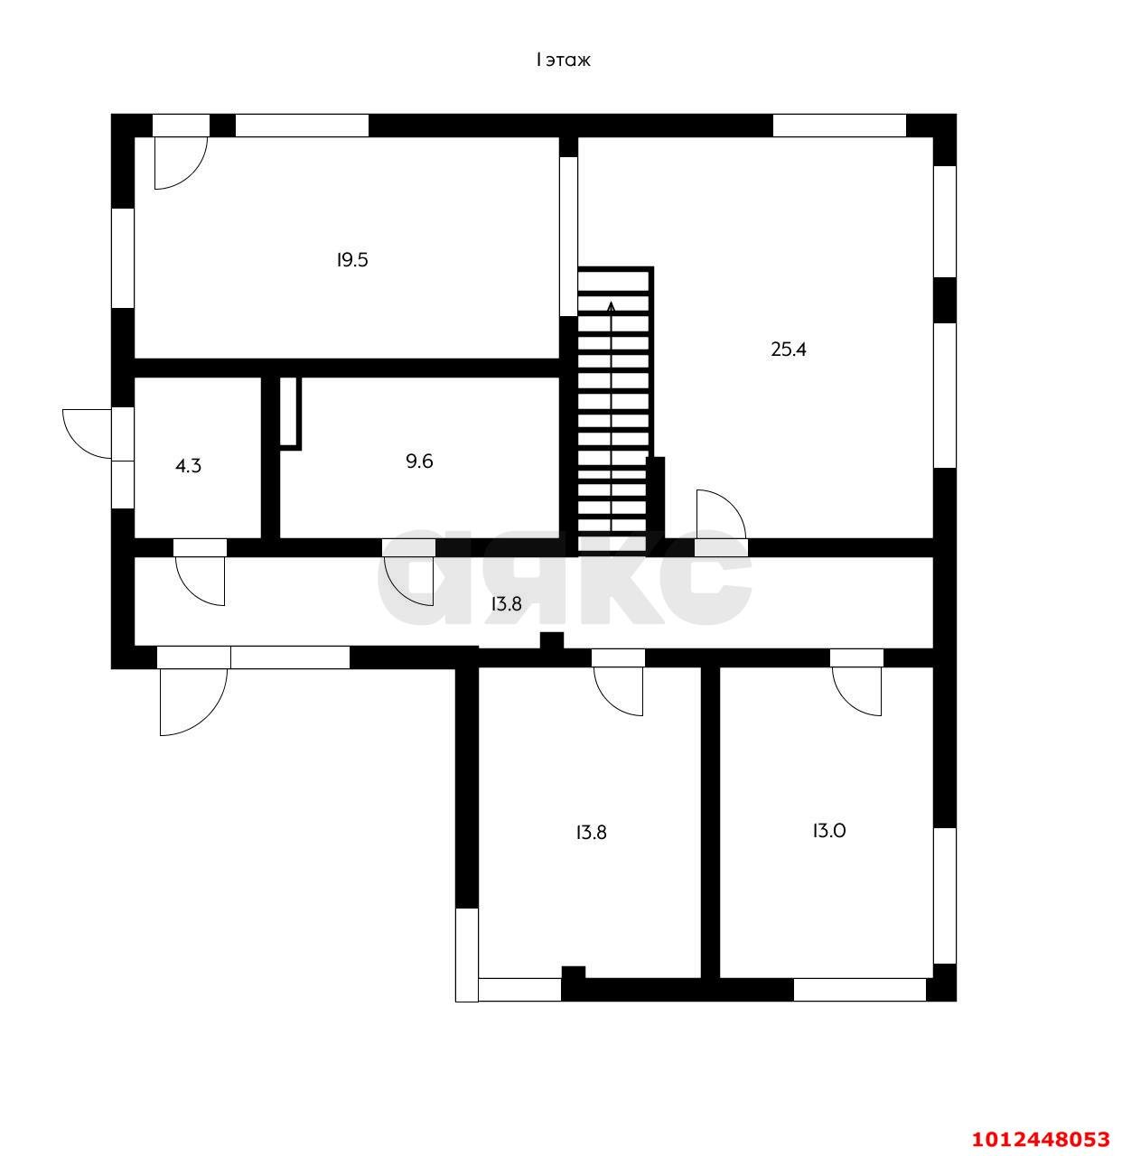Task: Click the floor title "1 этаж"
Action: (x=563, y=61)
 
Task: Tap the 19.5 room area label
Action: (x=352, y=260)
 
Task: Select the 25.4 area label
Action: (x=788, y=350)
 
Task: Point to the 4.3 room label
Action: (x=188, y=466)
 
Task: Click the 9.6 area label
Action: (x=419, y=461)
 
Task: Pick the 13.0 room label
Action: (x=828, y=831)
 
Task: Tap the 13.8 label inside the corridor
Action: (x=506, y=604)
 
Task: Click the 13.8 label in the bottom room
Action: (x=591, y=833)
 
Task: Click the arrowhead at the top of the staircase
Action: (x=612, y=307)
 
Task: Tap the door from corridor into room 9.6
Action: (x=410, y=579)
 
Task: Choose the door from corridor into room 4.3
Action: (x=201, y=579)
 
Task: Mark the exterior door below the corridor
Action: (x=192, y=700)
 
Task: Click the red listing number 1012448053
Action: (x=1040, y=1138)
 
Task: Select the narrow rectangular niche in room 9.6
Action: (x=289, y=412)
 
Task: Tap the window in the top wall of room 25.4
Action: (x=839, y=126)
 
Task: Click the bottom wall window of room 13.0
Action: (x=859, y=990)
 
